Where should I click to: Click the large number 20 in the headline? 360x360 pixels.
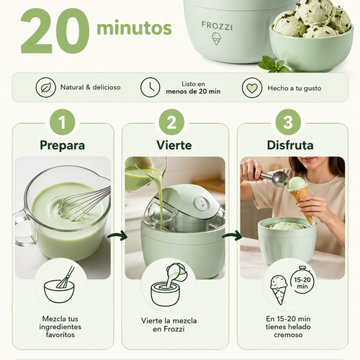[x=55, y=32]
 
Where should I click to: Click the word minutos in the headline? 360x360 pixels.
[x=134, y=28]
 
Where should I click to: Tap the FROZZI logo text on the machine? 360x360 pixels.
[x=217, y=26]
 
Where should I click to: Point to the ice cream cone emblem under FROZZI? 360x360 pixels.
[x=216, y=39]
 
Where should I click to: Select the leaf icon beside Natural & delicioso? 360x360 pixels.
[x=45, y=87]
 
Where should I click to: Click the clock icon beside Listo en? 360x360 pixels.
[x=150, y=87]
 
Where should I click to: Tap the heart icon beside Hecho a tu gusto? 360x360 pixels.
[x=252, y=88]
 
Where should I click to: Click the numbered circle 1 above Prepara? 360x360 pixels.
[x=63, y=122]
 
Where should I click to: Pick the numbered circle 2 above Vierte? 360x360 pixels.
[x=171, y=122]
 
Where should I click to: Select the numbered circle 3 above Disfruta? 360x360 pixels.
[x=288, y=122]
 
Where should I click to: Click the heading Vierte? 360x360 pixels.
[x=174, y=145]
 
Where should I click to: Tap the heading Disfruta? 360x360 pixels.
[x=290, y=145]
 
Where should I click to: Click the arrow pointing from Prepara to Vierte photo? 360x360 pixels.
[x=117, y=236]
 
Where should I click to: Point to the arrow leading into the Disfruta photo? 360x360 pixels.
[x=232, y=236]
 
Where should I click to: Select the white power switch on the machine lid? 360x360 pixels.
[x=201, y=202]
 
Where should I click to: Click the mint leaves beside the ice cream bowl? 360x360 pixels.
[x=274, y=64]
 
